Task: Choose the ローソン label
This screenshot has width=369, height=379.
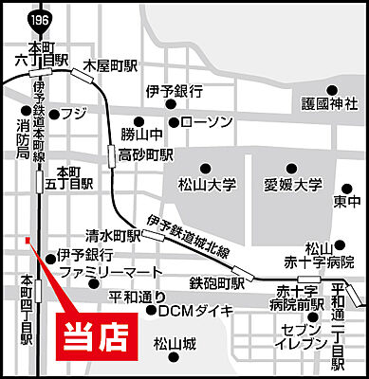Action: point(205,121)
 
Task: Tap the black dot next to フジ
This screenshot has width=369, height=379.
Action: point(55,114)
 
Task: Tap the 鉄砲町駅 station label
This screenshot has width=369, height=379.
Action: point(217,282)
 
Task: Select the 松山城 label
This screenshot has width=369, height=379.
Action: point(175,343)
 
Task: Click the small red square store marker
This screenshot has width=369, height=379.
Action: point(28,239)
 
